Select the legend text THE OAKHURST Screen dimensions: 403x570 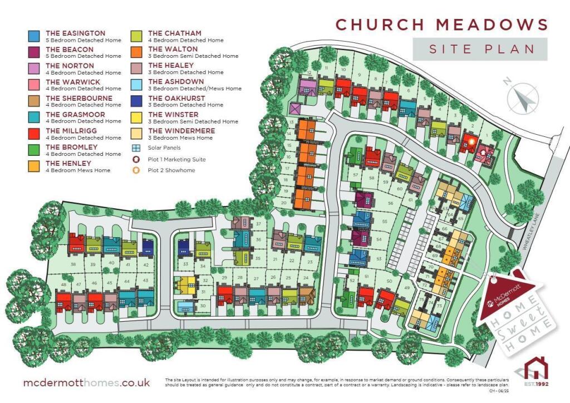coord(176,98)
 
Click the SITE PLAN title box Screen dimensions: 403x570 coord(480,49)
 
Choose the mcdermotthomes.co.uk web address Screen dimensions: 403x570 coord(86,383)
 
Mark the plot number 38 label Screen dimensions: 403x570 coord(73,264)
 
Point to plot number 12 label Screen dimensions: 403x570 coord(309,73)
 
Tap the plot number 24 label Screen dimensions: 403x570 coord(306,277)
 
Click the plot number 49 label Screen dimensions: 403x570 coord(407,287)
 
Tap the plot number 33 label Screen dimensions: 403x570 coord(185,263)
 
